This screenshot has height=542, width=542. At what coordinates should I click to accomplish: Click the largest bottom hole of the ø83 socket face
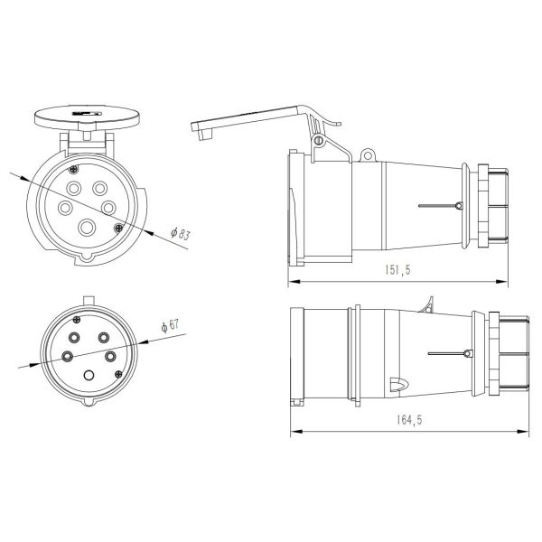88,228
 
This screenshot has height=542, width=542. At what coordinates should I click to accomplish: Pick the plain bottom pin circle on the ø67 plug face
89,376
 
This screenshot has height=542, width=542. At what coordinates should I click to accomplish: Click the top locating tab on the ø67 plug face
88,303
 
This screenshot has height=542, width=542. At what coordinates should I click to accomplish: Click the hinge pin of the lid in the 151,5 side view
318,141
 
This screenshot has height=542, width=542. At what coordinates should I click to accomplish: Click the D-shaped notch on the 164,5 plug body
395,385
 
